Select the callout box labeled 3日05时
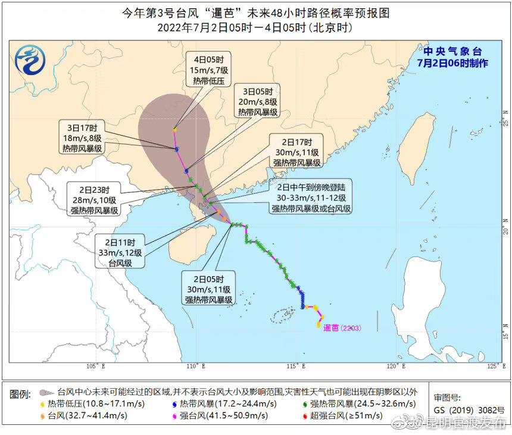tap(258, 102)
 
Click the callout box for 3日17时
tap(83, 137)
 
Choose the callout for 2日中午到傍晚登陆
tap(311, 196)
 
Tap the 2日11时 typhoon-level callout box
tap(121, 252)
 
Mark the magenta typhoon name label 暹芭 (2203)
tap(342, 328)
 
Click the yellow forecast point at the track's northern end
tap(175, 130)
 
